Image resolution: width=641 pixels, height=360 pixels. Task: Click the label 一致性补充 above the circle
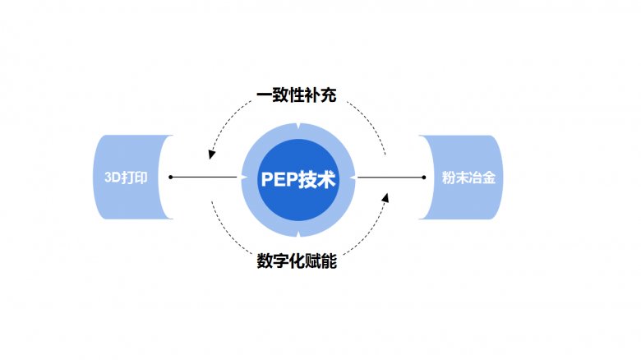pos(297,95)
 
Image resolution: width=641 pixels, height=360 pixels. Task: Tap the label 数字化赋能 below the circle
pos(297,262)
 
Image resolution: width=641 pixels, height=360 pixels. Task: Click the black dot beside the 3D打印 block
pos(171,177)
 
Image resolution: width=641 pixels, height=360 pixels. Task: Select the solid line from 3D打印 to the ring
pos(205,177)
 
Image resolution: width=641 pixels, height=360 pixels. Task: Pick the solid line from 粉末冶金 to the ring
pos(388,177)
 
